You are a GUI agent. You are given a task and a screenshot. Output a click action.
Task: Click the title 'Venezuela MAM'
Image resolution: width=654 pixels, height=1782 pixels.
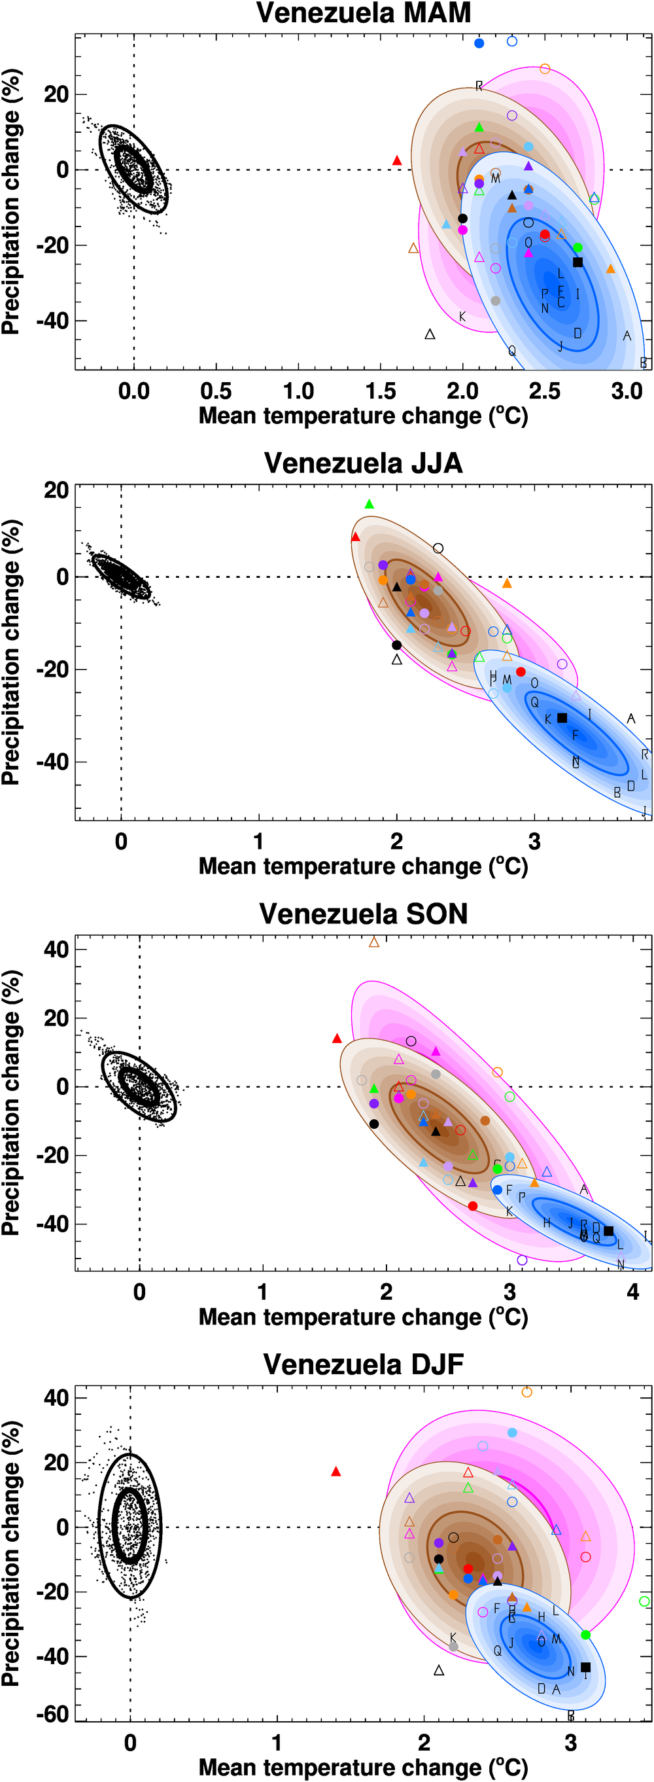click(364, 13)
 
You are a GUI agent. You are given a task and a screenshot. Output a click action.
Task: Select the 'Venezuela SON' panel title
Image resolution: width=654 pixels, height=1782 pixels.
click(364, 914)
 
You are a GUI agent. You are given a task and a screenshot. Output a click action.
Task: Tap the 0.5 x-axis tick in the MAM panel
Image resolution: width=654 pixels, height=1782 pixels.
click(216, 391)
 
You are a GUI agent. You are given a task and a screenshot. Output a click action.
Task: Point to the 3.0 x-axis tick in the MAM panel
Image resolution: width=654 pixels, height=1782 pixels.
click(627, 391)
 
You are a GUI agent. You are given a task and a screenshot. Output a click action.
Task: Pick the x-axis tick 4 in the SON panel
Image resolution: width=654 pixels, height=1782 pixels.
click(632, 1292)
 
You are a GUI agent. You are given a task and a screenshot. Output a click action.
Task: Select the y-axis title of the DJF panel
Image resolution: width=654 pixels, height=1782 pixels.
click(12, 1554)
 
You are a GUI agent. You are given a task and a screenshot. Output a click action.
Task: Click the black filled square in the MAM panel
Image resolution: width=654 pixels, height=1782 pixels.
click(578, 262)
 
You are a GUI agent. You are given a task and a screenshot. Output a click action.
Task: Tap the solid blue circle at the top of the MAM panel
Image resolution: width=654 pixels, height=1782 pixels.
click(479, 44)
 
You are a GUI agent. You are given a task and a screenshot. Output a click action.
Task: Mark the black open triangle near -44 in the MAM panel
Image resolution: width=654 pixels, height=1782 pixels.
click(430, 335)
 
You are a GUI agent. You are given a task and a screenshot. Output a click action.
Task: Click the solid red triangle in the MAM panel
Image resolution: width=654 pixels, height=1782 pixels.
click(397, 160)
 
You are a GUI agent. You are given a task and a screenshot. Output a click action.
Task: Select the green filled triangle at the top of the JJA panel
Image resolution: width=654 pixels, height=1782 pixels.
click(369, 505)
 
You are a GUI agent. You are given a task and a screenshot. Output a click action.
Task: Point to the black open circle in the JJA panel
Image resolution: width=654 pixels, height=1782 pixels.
click(438, 548)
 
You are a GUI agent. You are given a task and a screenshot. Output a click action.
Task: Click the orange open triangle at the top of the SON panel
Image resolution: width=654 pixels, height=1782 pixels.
click(374, 942)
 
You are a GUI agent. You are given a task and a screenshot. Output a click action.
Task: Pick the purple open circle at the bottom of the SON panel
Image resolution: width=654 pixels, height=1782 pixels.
click(522, 1260)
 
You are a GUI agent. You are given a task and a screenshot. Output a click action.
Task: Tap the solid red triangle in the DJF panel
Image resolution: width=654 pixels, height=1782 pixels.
click(336, 1471)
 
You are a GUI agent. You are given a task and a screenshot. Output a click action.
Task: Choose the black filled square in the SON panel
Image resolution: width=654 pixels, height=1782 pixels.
click(608, 1231)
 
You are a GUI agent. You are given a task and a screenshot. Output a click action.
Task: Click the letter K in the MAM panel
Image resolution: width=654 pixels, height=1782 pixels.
click(462, 317)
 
